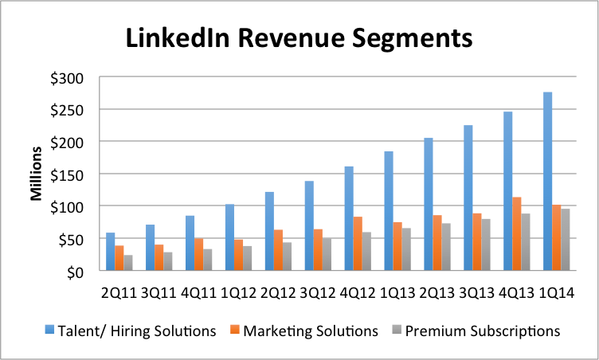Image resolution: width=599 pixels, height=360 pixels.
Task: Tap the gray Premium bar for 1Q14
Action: click(x=566, y=240)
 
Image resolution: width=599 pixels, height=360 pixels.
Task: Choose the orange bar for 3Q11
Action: click(x=159, y=257)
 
